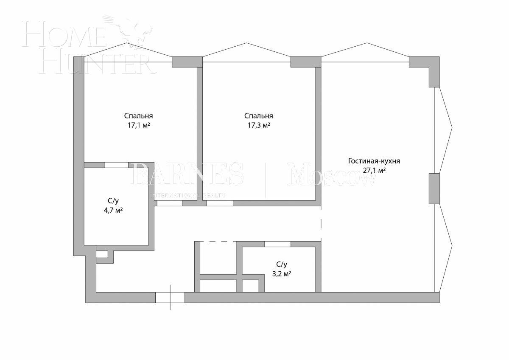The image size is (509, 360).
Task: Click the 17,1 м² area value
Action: tap(139, 126)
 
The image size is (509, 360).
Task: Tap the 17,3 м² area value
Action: tap(259, 126)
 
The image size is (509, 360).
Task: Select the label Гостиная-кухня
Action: tap(374, 161)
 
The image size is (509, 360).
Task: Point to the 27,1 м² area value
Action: tap(374, 171)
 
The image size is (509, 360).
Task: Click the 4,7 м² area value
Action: tap(113, 210)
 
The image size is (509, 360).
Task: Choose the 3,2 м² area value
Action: tap(281, 274)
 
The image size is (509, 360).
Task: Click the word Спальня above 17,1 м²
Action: tap(139, 116)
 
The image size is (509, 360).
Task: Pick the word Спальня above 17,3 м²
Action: tap(259, 116)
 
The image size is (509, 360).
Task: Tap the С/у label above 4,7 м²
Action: tap(113, 200)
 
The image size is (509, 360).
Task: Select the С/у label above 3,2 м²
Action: tap(281, 264)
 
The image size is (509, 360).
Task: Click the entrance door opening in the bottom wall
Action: tap(170, 297)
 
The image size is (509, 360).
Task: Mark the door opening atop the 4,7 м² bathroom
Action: tap(117, 165)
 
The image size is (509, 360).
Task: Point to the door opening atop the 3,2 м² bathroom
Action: tap(278, 244)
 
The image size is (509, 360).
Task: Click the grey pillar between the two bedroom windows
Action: tap(187, 62)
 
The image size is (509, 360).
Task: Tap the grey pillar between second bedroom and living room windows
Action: tap(305, 62)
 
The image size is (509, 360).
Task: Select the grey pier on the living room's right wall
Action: tap(433, 188)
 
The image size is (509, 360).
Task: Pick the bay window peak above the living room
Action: tap(365, 43)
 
